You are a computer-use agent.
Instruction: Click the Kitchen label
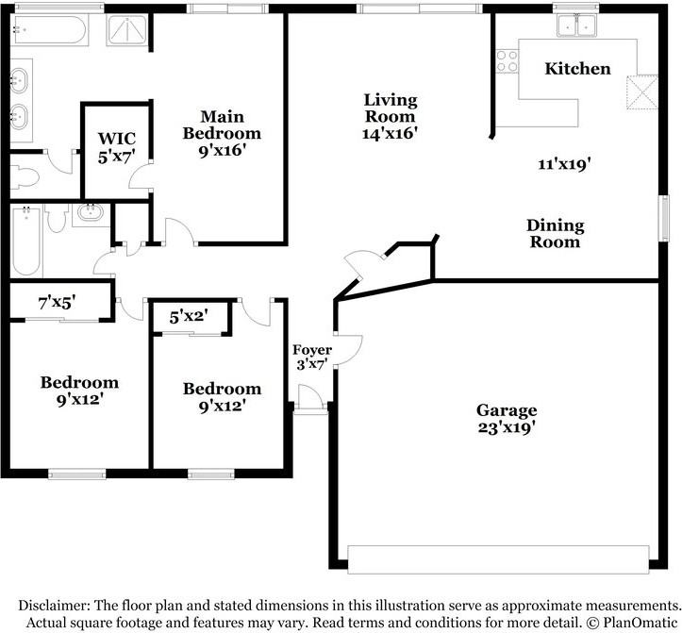[577, 69]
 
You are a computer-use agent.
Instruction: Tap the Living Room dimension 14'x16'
[390, 133]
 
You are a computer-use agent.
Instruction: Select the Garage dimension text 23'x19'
[507, 427]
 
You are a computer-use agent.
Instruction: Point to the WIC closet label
[117, 139]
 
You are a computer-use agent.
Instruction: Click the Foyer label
[312, 350]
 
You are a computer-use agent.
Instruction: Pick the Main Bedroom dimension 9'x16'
[223, 151]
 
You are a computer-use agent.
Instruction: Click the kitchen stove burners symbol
[507, 61]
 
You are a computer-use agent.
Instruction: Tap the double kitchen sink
[577, 25]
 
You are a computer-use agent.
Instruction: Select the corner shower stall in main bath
[126, 30]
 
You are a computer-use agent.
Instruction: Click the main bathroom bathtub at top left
[50, 29]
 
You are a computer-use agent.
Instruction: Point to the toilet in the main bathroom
[25, 177]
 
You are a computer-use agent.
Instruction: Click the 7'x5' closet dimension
[57, 303]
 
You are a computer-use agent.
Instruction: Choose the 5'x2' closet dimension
[189, 317]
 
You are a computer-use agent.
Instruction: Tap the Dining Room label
[555, 234]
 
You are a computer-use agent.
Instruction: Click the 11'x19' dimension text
[564, 164]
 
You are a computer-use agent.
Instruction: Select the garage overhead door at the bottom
[498, 559]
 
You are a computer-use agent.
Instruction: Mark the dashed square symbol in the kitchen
[642, 93]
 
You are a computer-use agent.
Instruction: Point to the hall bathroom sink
[91, 213]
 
